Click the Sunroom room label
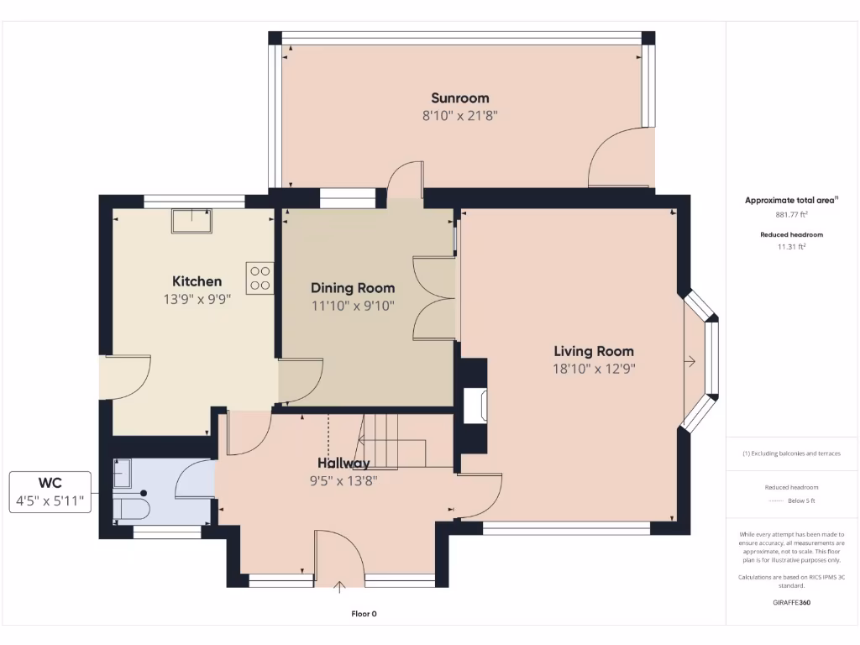click(x=459, y=98)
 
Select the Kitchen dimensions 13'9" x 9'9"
click(x=197, y=298)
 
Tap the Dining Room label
click(x=353, y=288)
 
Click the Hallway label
click(x=343, y=463)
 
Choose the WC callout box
click(x=50, y=492)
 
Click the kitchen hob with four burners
click(x=260, y=277)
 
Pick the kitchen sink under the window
click(x=192, y=220)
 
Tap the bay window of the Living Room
click(x=704, y=361)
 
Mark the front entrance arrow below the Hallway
click(x=340, y=586)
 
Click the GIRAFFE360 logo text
click(x=791, y=602)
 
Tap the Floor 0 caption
click(x=364, y=614)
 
